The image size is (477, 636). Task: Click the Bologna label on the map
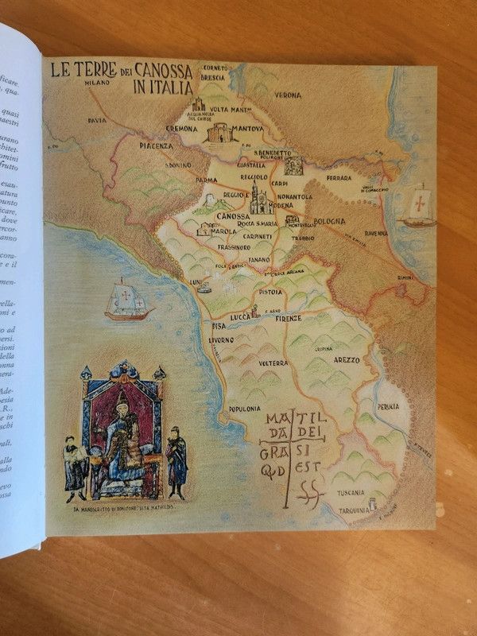click(328, 219)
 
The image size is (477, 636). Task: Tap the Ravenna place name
click(397, 234)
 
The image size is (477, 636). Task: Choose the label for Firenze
click(289, 318)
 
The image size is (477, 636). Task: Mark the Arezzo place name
click(343, 359)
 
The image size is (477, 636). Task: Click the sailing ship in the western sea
click(127, 301)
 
